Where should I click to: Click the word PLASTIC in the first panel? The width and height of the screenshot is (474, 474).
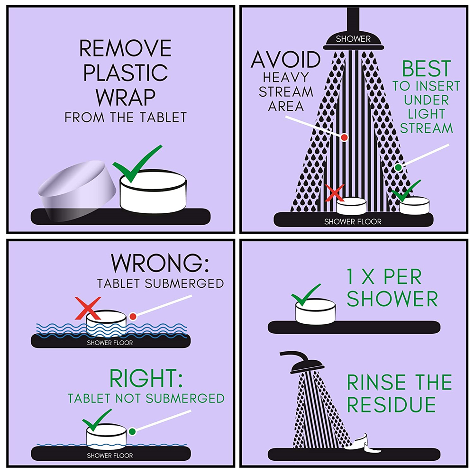coord(126,73)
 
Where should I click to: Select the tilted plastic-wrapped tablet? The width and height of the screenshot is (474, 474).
coord(77,191)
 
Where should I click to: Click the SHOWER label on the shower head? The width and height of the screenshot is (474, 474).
coord(353,39)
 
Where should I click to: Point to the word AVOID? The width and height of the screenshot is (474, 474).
coord(286,60)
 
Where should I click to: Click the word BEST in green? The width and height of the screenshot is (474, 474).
coord(426,69)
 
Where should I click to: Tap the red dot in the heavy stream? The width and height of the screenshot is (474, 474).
coord(344,137)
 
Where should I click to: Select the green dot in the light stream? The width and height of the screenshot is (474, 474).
coord(399,167)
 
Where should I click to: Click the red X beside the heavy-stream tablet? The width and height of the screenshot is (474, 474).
coord(335,193)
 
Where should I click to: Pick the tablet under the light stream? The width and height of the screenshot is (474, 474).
coord(414,206)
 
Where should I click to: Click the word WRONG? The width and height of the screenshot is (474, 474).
coord(160,263)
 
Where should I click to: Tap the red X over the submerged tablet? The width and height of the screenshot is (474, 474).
coord(88,308)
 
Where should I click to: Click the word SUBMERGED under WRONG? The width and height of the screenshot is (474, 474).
coord(184,283)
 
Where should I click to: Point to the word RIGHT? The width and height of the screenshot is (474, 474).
coord(146,378)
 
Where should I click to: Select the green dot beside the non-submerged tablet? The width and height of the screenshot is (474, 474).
coord(132,432)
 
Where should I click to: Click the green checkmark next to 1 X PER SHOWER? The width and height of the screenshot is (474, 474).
coord(305,295)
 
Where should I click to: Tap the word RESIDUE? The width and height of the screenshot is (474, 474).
coord(391,404)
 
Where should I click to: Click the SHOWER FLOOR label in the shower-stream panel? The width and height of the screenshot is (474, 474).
coord(353,221)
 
